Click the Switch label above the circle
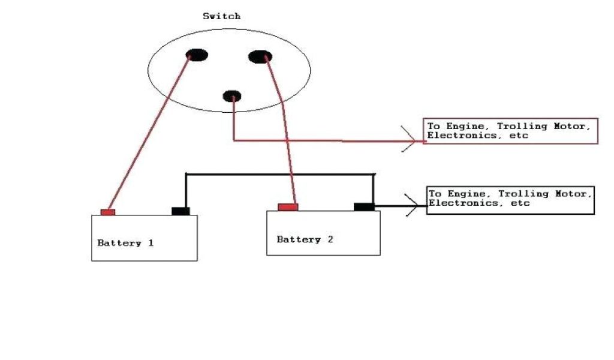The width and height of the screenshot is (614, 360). point(221,16)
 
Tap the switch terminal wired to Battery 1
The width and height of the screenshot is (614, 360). point(197,55)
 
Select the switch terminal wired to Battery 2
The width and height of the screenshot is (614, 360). point(260,57)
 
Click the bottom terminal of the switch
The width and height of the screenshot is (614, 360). point(231,96)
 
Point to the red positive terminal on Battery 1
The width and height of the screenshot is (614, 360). point(108,212)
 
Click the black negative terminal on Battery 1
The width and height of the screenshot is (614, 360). point(180,211)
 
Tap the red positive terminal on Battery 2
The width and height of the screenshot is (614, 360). point(288,207)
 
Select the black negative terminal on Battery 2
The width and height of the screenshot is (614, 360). point(363,207)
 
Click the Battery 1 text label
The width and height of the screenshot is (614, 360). point(125,243)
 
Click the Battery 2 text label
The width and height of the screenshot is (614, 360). point(305,239)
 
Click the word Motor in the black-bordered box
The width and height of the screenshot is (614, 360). point(574,194)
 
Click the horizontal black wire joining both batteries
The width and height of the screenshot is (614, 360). point(279,174)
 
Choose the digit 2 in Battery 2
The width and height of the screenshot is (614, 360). point(330,239)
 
